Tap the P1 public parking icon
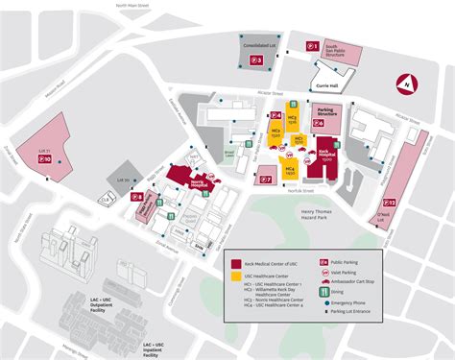click(x=312, y=45)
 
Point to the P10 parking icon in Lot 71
click(x=43, y=161)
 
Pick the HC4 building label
click(x=289, y=169)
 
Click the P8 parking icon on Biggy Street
click(x=137, y=197)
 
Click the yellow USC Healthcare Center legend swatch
click(x=234, y=274)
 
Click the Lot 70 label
click(x=123, y=180)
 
